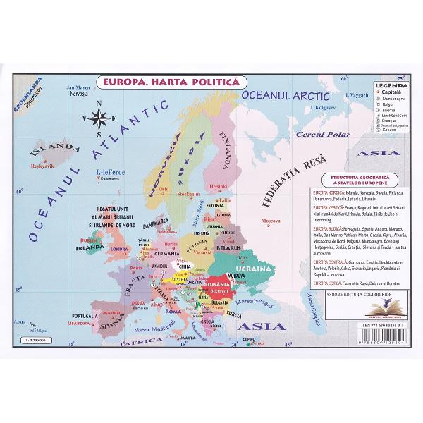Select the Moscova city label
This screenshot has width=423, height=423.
click(x=271, y=221)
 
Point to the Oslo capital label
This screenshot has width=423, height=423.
click(x=164, y=189)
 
